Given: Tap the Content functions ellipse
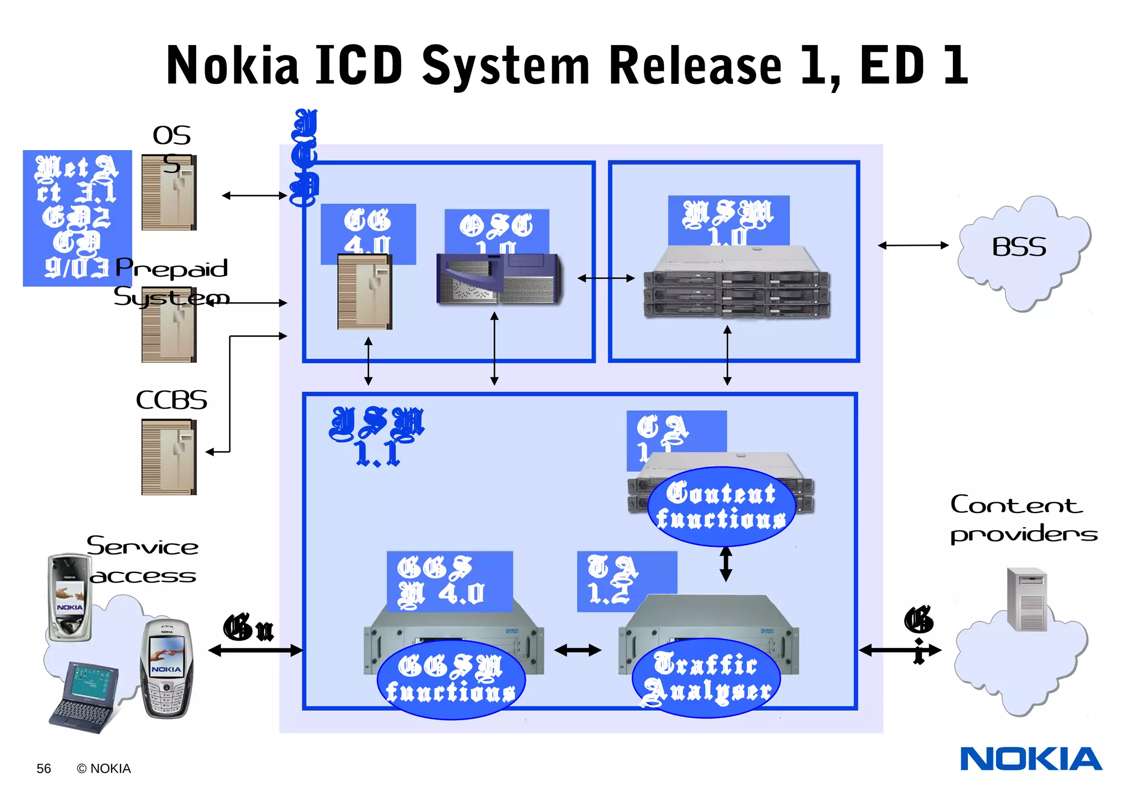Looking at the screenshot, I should pyautogui.click(x=721, y=506).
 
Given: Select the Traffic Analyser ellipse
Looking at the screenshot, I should pyautogui.click(x=706, y=678).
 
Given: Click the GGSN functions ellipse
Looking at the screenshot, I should pyautogui.click(x=451, y=680).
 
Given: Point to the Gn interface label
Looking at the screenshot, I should pyautogui.click(x=248, y=628).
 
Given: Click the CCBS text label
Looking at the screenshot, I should pyautogui.click(x=171, y=400).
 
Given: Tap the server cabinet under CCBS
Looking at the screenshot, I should pyautogui.click(x=169, y=457).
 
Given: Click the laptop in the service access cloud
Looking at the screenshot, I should pyautogui.click(x=84, y=697).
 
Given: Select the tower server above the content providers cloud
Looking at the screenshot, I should pyautogui.click(x=1027, y=599).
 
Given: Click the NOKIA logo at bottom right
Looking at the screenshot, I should pyautogui.click(x=1031, y=759).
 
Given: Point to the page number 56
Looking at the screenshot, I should pyautogui.click(x=43, y=769).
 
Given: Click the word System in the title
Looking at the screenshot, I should pyautogui.click(x=506, y=67).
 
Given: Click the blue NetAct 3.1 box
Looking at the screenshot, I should pyautogui.click(x=77, y=218).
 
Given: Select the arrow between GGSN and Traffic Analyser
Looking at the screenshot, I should pyautogui.click(x=578, y=650).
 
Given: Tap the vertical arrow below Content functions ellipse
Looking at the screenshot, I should pyautogui.click(x=726, y=564).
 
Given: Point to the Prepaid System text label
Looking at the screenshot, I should pyautogui.click(x=171, y=282).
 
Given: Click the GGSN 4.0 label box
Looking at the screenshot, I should pyautogui.click(x=449, y=581).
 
